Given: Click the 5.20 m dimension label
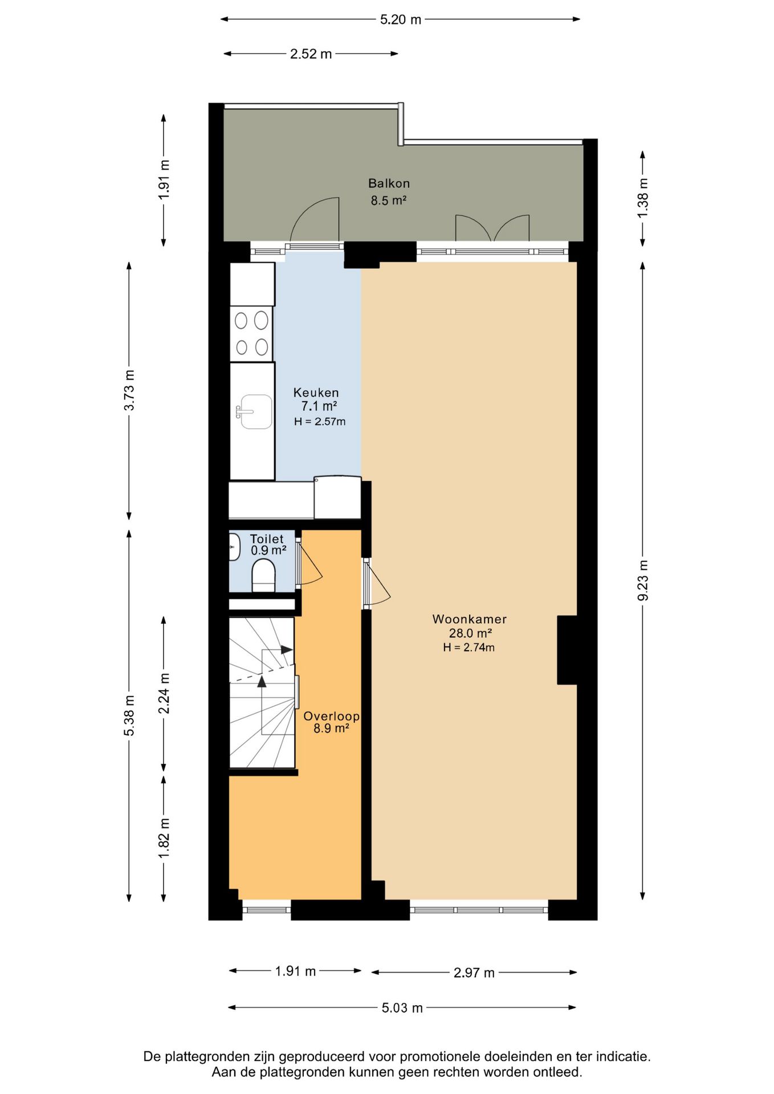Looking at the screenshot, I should pos(400,19).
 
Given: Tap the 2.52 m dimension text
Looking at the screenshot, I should pos(311,54).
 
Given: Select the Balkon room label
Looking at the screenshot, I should pos(389,183).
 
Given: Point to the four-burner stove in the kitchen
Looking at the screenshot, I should pos(251,333).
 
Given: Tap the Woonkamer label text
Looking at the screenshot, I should pos(469,619).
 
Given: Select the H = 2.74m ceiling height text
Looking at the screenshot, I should pos(469,647).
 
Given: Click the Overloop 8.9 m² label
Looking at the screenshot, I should pos(331,722).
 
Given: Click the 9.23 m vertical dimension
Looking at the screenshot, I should pos(643,580).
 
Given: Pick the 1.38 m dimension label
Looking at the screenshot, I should pos(643,198).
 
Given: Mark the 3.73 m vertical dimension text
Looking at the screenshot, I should pos(129,390).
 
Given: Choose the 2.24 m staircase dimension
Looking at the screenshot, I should pos(164,693).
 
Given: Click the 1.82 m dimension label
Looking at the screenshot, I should pos(164,838).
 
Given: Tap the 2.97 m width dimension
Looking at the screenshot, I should pos(474,973).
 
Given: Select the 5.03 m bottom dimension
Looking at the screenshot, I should pos(402,1008).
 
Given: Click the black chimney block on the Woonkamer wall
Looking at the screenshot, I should pos(567,650).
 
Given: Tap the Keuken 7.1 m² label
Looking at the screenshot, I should pos(317,399).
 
